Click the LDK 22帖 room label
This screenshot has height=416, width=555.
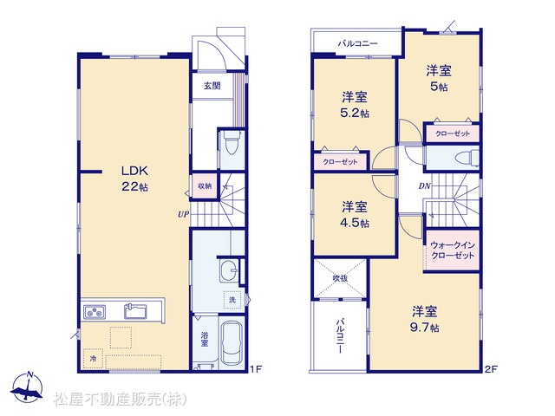click(134, 179)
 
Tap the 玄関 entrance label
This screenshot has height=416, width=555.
click(212, 86)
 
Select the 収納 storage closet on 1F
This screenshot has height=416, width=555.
click(205, 185)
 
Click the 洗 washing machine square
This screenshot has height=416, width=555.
click(232, 300)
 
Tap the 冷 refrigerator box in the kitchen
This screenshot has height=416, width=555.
click(93, 358)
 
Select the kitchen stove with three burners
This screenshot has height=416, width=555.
click(95, 312)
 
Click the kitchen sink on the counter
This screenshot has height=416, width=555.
click(135, 311)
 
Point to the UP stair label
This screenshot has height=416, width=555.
click(183, 214)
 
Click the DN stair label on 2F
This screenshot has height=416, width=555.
click(424, 185)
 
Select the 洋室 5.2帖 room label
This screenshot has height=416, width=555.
click(355, 105)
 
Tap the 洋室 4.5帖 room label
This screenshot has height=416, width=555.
click(355, 215)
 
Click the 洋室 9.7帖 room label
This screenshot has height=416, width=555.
click(424, 319)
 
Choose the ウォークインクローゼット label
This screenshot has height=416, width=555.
click(453, 250)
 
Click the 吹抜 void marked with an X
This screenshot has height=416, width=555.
click(340, 278)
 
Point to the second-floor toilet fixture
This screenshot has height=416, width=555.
click(467, 158)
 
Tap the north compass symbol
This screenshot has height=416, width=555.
click(27, 387)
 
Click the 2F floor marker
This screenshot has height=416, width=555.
click(491, 369)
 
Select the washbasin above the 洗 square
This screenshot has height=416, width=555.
click(229, 270)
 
